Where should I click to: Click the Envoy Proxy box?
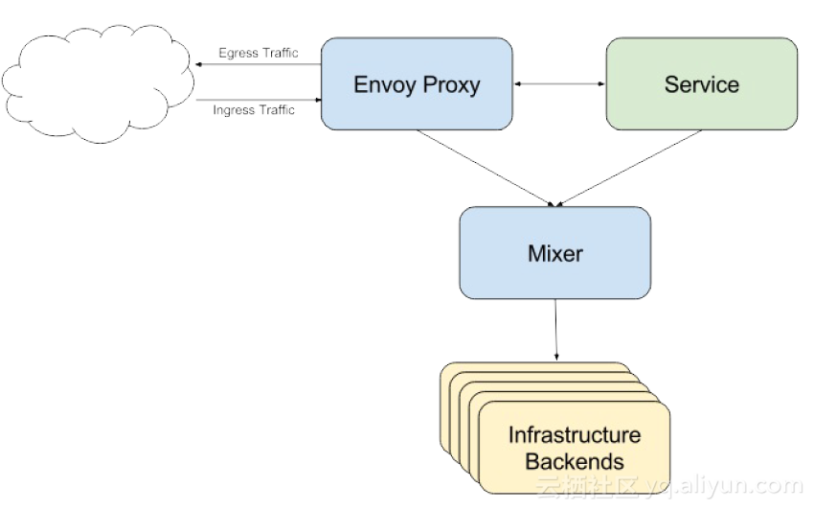coord(417,84)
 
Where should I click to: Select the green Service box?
coord(701,84)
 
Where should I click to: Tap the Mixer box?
coord(554,253)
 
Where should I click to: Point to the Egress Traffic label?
coord(258,53)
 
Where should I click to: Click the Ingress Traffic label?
coord(254,110)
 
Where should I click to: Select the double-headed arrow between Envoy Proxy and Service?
coord(559,84)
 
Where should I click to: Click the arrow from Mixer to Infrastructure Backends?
coord(555,330)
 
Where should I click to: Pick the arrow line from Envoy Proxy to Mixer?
coord(484,167)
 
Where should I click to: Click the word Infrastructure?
coord(574,435)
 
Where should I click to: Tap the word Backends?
coord(574,461)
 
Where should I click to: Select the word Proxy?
coord(451,84)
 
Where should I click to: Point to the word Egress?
coord(237,53)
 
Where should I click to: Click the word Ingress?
coord(234,110)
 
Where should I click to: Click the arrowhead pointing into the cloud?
coord(199,64)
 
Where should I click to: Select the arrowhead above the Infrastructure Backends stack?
coord(555,358)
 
